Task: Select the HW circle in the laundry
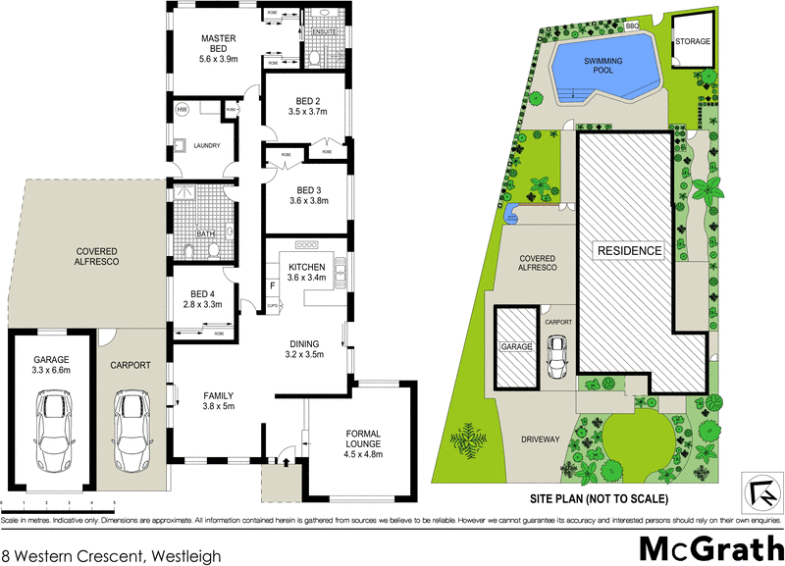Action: click(182, 110)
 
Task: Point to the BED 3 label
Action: click(308, 190)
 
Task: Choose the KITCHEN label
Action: click(307, 267)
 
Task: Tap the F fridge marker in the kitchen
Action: click(273, 286)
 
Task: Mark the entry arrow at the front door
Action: click(285, 456)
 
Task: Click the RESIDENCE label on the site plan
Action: click(630, 250)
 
